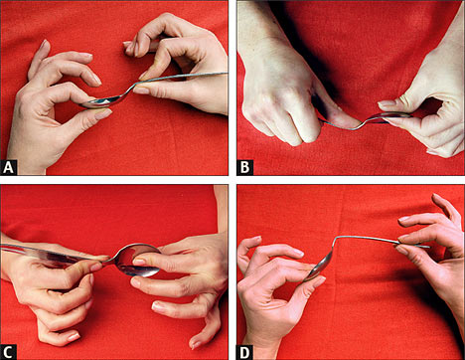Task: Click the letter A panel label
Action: point(8,167)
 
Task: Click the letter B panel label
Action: point(244,167)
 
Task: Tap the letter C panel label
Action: point(8,352)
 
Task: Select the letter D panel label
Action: point(244,352)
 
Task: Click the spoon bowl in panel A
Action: point(98,102)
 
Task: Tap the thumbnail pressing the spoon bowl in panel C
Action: point(139,262)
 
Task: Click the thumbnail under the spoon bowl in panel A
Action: point(103,114)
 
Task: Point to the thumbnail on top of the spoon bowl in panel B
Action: point(386,103)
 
